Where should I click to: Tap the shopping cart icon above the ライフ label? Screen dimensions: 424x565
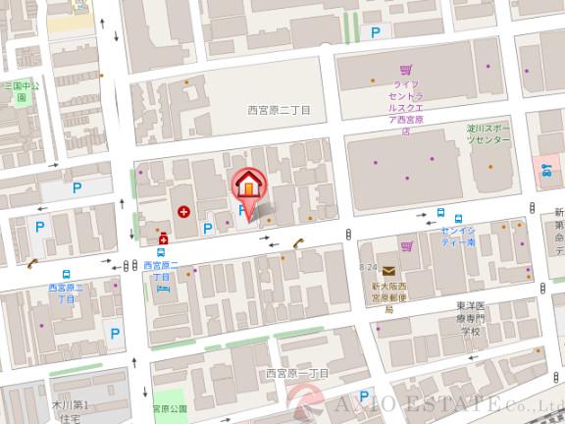click(404, 70)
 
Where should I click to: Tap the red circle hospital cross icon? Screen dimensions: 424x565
click(183, 211)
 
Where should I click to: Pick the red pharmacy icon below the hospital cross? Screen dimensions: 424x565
click(163, 238)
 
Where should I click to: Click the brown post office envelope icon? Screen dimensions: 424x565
click(388, 271)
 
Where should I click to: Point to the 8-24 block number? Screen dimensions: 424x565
click(369, 267)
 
